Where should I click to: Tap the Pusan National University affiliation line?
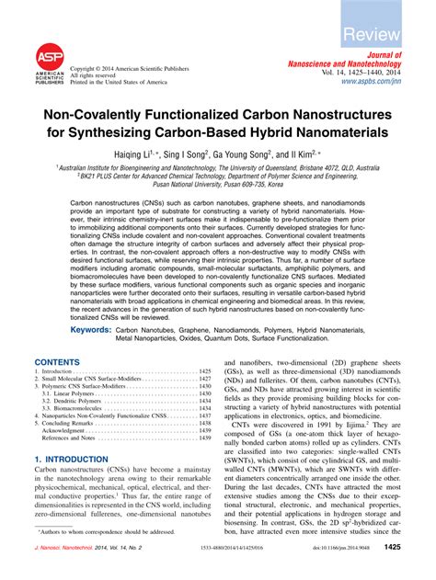218,184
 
